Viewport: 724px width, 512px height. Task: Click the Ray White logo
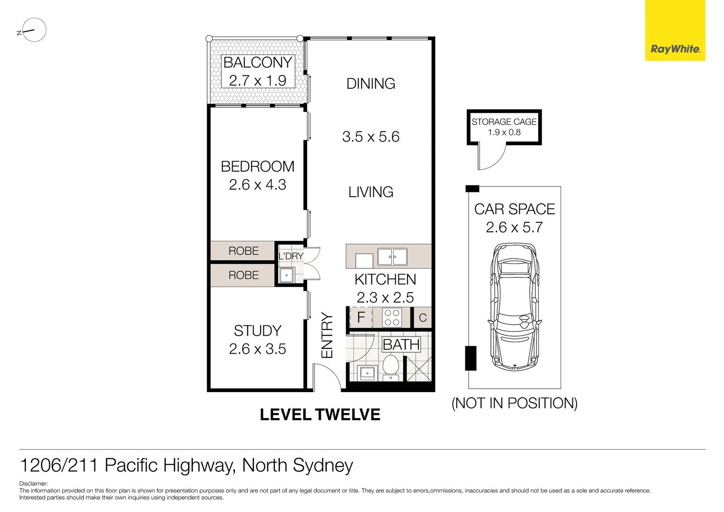click(x=675, y=49)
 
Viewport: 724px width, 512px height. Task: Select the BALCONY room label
click(x=257, y=63)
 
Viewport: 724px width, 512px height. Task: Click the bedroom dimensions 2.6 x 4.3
click(x=257, y=185)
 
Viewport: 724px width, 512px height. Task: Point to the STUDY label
click(x=257, y=330)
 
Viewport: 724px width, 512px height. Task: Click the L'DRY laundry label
click(x=291, y=256)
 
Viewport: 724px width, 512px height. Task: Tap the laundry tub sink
click(x=287, y=275)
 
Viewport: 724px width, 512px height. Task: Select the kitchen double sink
click(x=392, y=257)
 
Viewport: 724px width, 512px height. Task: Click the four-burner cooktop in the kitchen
click(x=392, y=318)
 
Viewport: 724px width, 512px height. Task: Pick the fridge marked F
click(x=361, y=317)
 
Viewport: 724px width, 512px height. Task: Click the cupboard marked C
click(x=423, y=318)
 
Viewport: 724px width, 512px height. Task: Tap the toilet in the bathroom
click(x=390, y=367)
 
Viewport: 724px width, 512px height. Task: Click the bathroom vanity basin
click(x=367, y=373)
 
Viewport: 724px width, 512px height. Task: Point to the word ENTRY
click(x=327, y=335)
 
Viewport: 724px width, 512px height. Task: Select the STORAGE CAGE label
click(x=504, y=122)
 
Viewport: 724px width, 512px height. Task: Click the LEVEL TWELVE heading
click(x=320, y=415)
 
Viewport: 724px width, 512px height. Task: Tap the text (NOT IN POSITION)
click(x=514, y=403)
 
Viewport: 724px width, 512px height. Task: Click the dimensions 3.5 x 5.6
click(x=371, y=137)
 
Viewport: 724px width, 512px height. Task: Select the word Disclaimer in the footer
click(x=34, y=484)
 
